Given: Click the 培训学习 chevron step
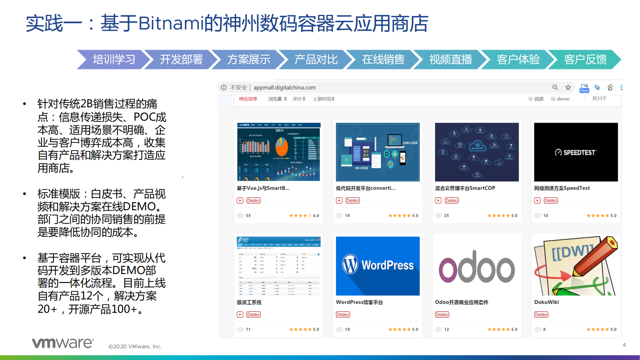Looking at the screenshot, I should tap(114, 60).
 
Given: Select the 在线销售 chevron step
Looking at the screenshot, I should tap(383, 60).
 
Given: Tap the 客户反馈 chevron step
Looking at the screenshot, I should tap(585, 60).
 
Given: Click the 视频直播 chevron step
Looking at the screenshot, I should tap(450, 60).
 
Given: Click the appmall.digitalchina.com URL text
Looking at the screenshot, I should tap(284, 88).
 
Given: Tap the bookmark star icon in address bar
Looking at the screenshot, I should tap(568, 88).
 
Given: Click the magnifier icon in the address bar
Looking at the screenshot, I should tap(555, 88).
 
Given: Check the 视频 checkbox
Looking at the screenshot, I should tap(531, 99).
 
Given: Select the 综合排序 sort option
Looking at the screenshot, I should tap(248, 99).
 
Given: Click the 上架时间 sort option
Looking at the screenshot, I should tap(323, 99).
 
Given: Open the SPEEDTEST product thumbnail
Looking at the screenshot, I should tap(575, 152).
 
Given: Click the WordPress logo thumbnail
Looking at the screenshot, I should tap(377, 266).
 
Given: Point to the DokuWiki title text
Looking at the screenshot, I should tap(546, 302).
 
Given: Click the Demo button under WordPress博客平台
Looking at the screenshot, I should tap(343, 315).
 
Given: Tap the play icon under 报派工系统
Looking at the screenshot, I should tap(240, 315).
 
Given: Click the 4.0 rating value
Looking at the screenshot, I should tap(316, 216).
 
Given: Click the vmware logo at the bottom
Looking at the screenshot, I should tap(63, 343).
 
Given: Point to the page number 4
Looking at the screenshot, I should tap(624, 345).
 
